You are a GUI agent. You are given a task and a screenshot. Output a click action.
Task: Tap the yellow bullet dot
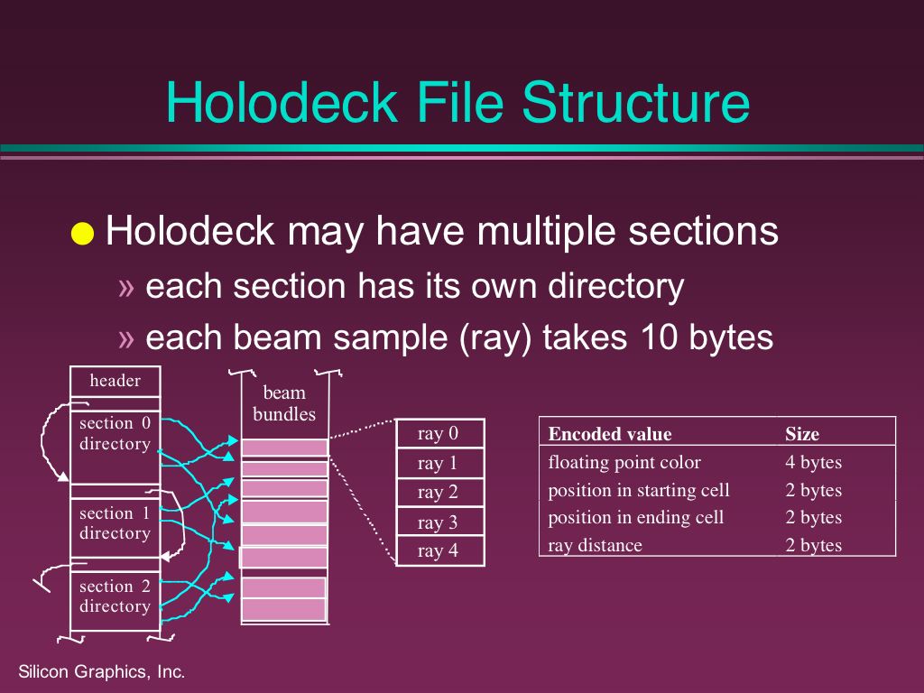tap(82, 234)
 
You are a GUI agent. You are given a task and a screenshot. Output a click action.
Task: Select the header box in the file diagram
tap(115, 382)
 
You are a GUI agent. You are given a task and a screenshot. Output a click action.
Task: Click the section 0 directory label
tap(115, 433)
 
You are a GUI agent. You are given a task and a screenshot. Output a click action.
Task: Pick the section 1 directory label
tap(115, 523)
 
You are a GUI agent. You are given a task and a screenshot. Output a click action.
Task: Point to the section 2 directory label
tap(115, 596)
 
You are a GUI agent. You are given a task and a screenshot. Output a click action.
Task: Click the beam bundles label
tap(284, 403)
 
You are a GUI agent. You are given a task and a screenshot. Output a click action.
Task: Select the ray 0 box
tap(440, 434)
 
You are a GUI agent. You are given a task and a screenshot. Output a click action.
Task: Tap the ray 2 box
tap(440, 492)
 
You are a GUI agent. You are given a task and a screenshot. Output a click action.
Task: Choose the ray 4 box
tap(440, 551)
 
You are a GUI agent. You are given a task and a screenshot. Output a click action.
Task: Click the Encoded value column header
tap(610, 434)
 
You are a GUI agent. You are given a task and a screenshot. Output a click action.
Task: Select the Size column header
tap(802, 434)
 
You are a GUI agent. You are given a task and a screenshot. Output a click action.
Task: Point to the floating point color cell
tap(624, 463)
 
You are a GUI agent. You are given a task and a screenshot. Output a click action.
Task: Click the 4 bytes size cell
tap(813, 463)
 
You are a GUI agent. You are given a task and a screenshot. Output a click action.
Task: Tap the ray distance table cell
tap(596, 546)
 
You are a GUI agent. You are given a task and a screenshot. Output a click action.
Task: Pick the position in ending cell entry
tap(636, 518)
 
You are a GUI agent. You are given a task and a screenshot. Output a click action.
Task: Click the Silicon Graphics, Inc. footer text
tap(102, 671)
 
